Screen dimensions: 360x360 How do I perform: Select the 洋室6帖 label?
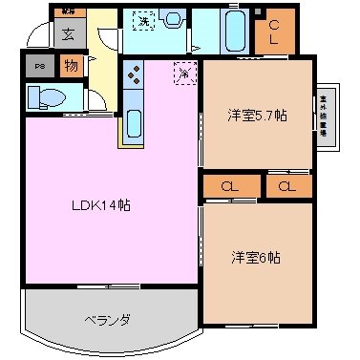tap(254, 258)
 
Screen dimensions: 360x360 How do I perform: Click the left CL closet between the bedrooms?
tap(229, 186)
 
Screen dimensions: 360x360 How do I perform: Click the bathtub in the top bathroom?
tap(234, 31)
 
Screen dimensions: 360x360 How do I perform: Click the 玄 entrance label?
tap(69, 34)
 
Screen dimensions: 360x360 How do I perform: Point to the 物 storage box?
tap(71, 66)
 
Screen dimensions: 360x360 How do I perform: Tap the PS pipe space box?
tap(39, 67)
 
